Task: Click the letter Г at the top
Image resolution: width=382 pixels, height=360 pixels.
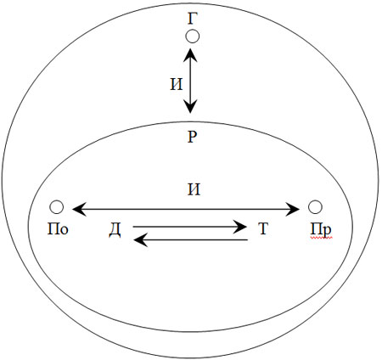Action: (193, 19)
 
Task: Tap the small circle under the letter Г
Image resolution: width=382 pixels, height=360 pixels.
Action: (193, 37)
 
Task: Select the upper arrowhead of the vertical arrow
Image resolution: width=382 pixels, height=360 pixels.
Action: (190, 55)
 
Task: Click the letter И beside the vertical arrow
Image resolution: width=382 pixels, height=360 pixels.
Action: (177, 84)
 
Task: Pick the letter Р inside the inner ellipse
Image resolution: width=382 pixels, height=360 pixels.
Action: (192, 137)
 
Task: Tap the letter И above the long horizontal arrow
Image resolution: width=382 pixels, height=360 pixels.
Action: (194, 189)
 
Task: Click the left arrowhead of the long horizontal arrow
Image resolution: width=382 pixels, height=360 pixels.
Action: (80, 210)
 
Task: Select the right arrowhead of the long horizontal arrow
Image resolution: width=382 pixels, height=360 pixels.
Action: (292, 210)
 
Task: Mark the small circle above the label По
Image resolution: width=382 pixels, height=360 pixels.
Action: (56, 207)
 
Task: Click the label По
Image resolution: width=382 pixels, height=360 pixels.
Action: (58, 229)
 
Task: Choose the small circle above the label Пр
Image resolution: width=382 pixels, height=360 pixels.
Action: (315, 207)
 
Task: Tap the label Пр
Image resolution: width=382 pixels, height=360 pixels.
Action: (321, 230)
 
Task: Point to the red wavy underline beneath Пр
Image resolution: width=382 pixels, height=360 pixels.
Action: (321, 239)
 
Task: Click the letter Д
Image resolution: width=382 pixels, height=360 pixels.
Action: (115, 230)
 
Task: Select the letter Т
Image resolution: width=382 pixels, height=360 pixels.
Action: (262, 229)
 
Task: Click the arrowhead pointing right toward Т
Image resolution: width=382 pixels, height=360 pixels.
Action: (240, 227)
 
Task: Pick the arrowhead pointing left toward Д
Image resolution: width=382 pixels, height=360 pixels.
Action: (141, 240)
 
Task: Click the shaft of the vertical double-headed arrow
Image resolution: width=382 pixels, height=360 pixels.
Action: (190, 81)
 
